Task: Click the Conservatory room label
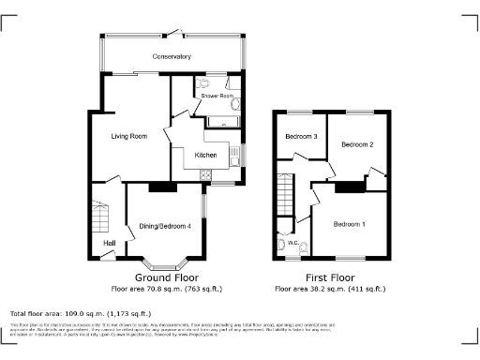point(172,57)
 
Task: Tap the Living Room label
point(129,137)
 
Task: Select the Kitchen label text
point(205,155)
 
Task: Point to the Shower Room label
point(217,96)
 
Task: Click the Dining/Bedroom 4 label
point(166,226)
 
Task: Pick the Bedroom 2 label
point(357,145)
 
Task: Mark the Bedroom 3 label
point(302,137)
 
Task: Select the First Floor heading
point(329,277)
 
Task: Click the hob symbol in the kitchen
point(206,173)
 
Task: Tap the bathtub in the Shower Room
point(221,121)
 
